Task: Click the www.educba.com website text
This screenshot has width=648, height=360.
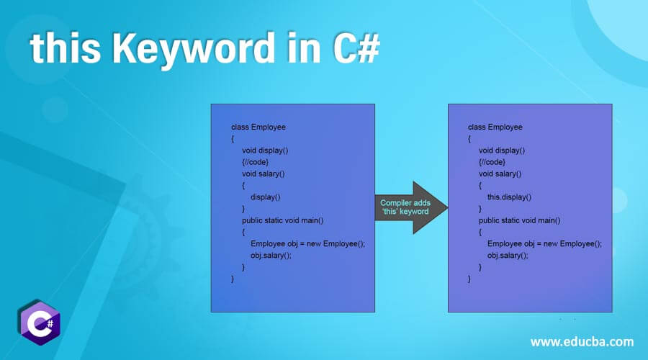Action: point(582,341)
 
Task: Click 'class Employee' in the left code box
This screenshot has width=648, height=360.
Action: point(258,127)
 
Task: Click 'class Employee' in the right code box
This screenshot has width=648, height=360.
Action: point(495,127)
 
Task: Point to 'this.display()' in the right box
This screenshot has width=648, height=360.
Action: point(509,197)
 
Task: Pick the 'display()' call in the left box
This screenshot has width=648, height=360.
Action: point(265,197)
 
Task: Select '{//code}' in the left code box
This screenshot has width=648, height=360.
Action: point(256,162)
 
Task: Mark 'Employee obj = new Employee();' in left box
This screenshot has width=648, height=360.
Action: point(307,243)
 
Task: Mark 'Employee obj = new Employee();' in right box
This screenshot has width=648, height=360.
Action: point(544,243)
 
